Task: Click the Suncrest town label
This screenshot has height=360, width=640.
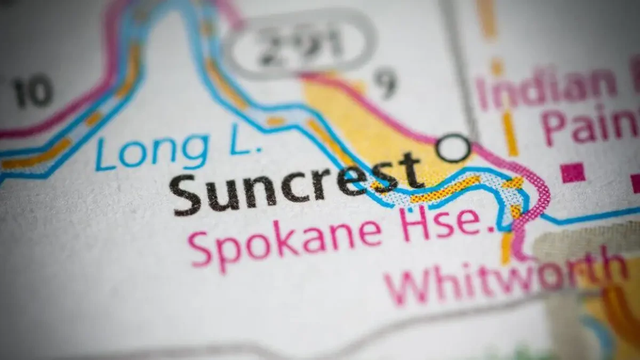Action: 296,182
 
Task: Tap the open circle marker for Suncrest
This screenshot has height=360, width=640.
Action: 453,148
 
